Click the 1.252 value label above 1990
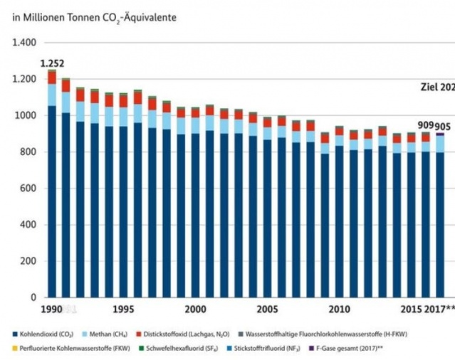53,63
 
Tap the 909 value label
426,125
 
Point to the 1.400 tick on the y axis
23,43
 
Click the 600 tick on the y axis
28,189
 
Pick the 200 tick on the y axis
28,261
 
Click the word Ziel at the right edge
428,88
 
